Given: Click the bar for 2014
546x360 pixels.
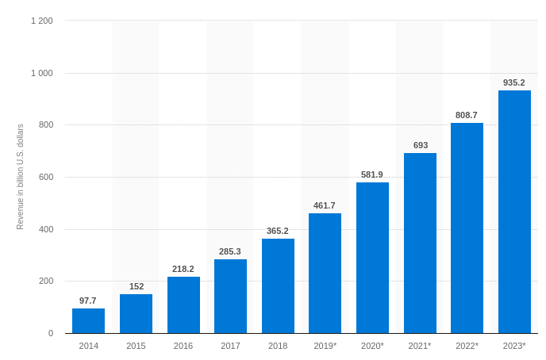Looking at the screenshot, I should (x=88, y=321).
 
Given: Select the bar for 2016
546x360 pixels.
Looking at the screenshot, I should (x=183, y=305).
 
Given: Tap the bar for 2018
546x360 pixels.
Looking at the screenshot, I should (x=278, y=286).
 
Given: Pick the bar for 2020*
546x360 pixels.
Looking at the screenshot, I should (x=372, y=258).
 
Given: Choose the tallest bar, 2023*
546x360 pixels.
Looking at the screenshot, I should (x=514, y=212).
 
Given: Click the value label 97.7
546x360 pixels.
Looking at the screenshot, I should (x=88, y=301).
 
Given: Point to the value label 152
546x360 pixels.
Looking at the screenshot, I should (x=136, y=286).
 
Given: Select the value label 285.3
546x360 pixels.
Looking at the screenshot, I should (x=230, y=251).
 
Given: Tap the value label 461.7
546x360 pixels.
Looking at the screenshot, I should (x=325, y=205).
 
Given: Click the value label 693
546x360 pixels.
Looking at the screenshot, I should (x=420, y=145).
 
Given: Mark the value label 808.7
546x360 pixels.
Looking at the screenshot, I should (x=467, y=115).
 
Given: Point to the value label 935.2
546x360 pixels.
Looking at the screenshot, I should (x=514, y=82).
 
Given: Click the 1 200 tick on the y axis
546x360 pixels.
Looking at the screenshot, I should (x=42, y=21).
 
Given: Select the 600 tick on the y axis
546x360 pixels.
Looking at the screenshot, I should (x=46, y=177).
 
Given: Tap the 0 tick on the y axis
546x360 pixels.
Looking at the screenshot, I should (x=51, y=333).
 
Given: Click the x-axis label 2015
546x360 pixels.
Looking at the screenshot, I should (x=136, y=346).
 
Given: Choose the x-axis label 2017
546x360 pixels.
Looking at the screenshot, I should (x=230, y=346).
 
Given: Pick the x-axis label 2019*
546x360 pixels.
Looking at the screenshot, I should (x=325, y=346).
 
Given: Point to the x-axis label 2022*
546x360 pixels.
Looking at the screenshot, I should (x=467, y=346).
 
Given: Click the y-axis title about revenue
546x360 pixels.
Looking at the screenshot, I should (x=21, y=177).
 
